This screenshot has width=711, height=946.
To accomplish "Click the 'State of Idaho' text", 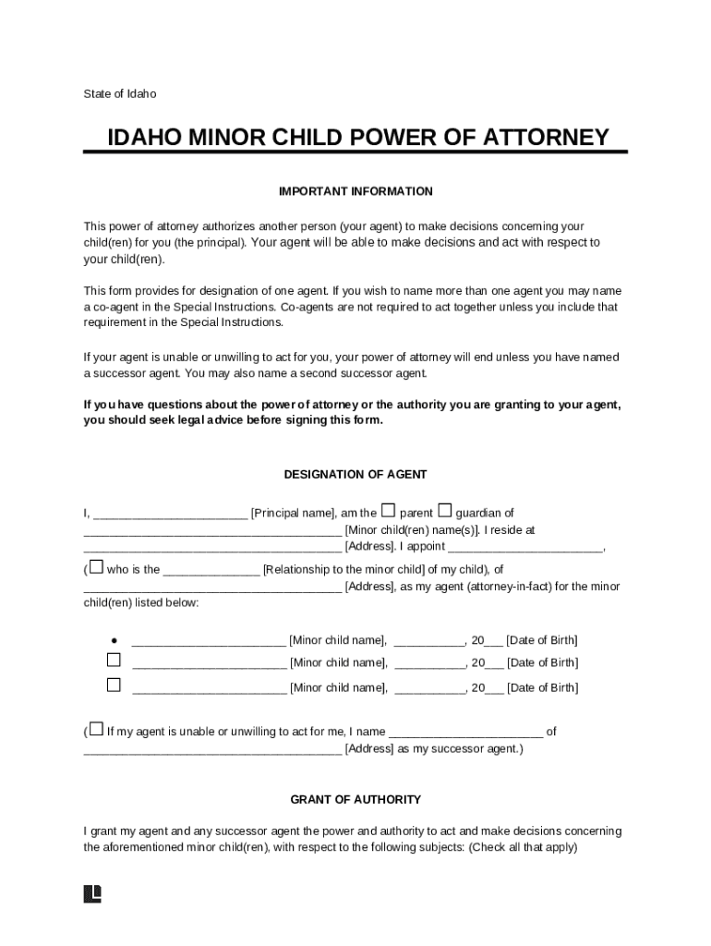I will click(x=120, y=93).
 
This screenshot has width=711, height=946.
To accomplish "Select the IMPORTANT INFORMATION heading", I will click(x=355, y=191).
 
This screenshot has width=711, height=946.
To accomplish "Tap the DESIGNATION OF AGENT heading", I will click(x=355, y=474).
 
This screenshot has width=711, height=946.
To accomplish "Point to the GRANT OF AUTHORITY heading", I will click(x=355, y=799).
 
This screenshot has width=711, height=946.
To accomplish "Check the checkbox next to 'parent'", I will click(x=389, y=510).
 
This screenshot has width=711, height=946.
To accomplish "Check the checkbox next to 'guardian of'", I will click(x=445, y=510).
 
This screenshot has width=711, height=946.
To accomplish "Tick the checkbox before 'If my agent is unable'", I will click(x=97, y=730).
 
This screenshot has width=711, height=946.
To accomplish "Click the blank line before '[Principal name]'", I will click(x=170, y=514).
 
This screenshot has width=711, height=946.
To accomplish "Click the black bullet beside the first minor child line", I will click(x=114, y=639).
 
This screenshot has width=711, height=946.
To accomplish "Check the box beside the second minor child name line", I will click(x=114, y=661).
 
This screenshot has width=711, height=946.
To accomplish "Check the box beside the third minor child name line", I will click(x=114, y=685).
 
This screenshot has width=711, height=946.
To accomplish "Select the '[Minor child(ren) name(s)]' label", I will click(x=412, y=530).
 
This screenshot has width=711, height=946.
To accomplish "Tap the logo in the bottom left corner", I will click(x=92, y=893).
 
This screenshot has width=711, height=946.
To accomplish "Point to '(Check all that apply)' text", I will click(x=523, y=847).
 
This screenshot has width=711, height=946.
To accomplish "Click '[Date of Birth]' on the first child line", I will click(x=542, y=639).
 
